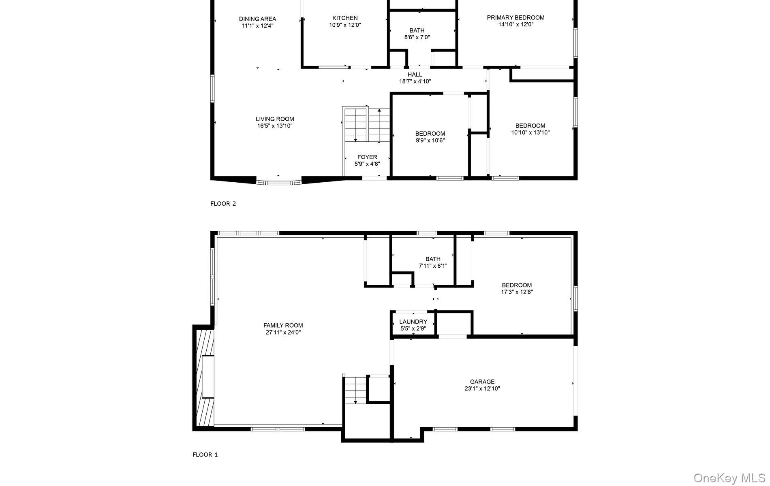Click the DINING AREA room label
(x=257, y=19)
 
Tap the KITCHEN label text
(x=345, y=18)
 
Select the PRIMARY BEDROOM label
(x=515, y=18)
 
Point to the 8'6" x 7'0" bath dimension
(x=417, y=37)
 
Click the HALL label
(x=415, y=75)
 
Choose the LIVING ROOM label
(x=275, y=119)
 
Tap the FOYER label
(x=367, y=157)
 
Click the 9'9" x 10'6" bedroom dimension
(x=430, y=141)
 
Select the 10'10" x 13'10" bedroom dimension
(x=530, y=132)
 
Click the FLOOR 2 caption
(x=223, y=204)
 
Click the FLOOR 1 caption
(x=205, y=455)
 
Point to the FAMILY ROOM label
(x=283, y=325)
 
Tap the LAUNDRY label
(x=413, y=322)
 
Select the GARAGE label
(x=482, y=382)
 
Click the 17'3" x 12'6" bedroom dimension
(x=517, y=292)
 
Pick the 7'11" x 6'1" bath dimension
(x=433, y=266)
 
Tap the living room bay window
(x=279, y=183)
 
